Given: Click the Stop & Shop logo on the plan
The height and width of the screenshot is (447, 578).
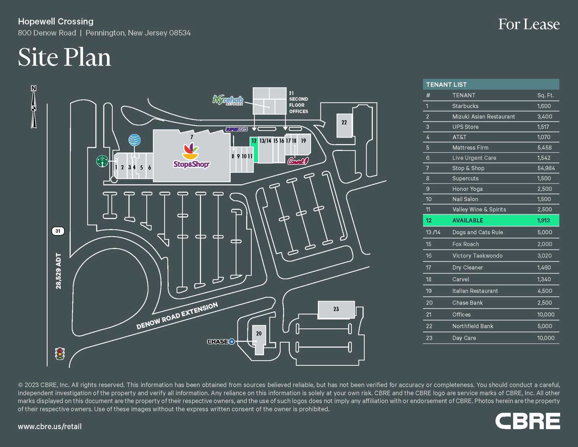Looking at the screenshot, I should tap(191, 156).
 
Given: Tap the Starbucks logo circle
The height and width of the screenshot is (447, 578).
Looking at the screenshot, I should tap(102, 161).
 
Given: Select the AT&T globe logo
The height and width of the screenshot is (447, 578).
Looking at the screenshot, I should tap(134, 140).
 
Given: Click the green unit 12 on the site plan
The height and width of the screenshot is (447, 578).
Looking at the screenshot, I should tap(254, 149).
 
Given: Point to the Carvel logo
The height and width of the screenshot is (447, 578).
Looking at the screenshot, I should tap(298, 161).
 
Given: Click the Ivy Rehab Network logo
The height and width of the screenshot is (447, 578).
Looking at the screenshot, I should tap(228, 100).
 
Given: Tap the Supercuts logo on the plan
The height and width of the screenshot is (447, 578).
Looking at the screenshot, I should tap(236, 129).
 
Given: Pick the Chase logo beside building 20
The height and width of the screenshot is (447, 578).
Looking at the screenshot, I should tap(221, 341).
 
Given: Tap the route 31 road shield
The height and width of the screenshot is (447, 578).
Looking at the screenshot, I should tap(58, 231).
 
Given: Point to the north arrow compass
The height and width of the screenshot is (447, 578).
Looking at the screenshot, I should tap(33, 107).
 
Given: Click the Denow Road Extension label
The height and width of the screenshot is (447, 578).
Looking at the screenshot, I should tap(177, 316).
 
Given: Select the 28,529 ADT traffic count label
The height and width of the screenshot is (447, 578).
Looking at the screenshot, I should tap(58, 271).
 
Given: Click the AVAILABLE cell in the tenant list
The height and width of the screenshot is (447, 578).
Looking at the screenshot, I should tap(467, 221).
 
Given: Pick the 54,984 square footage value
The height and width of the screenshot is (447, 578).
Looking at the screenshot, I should tap(546, 168).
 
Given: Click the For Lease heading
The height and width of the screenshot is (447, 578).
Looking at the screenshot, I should tap(528, 25).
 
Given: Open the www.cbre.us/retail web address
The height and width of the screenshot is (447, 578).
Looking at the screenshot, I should tap(50, 427).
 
